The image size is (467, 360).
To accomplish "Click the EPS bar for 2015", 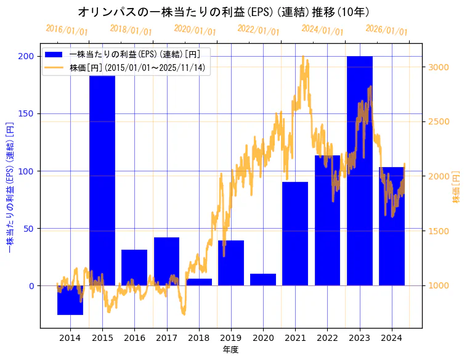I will point(102,185).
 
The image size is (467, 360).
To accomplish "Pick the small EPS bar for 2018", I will point(198,282).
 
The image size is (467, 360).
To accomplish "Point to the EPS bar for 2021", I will point(295,234).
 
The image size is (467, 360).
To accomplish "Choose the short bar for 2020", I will point(263,280).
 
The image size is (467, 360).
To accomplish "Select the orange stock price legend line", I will point(54,67).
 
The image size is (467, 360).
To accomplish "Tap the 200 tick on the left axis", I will point(27,56).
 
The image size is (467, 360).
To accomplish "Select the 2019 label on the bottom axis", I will point(230,338).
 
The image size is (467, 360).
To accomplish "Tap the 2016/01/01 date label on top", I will point(67,30).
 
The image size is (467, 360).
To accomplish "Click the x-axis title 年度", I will point(230,350).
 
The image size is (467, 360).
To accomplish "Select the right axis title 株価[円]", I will point(457,187).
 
